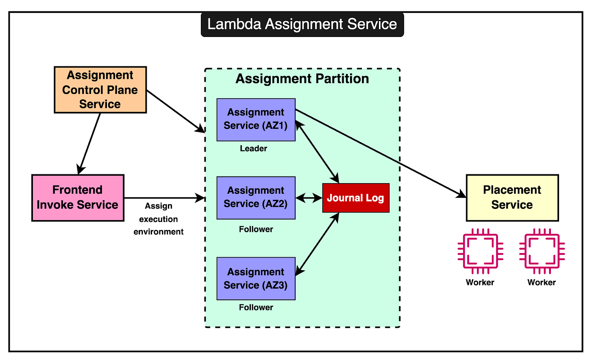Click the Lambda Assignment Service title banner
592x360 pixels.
pos(302,24)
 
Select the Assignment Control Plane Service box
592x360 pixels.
pos(100,90)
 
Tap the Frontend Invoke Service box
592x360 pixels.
pos(78,198)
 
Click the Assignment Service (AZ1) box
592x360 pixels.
pos(256,119)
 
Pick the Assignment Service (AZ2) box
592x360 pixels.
pos(256,198)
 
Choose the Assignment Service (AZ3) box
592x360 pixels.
pos(256,279)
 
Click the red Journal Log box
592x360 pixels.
pos(356,198)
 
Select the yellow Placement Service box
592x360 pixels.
pos(512,198)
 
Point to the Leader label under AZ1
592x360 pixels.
pos(253,149)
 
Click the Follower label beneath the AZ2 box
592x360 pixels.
pos(256,229)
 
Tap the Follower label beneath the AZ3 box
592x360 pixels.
pos(256,308)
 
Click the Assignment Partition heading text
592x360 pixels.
pos(302,79)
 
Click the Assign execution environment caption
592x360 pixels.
pos(159,219)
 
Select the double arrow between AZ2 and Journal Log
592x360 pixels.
pos(309,198)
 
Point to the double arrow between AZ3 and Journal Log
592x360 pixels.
pos(318,244)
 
